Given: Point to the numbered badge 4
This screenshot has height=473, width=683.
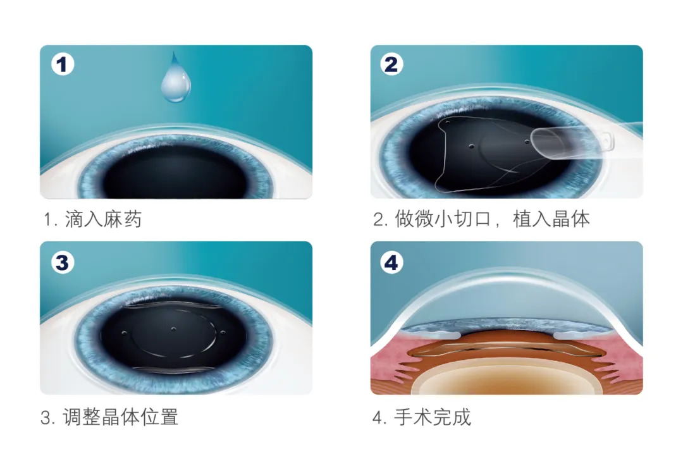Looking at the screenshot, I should tap(391, 262).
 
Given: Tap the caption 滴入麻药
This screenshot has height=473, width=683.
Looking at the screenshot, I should tap(103, 220).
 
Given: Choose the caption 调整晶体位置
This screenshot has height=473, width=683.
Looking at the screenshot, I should tap(120, 417).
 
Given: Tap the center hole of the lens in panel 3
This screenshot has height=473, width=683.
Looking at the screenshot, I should tap(173, 329).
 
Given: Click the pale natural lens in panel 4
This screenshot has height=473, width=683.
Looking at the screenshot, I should tap(506, 380).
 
